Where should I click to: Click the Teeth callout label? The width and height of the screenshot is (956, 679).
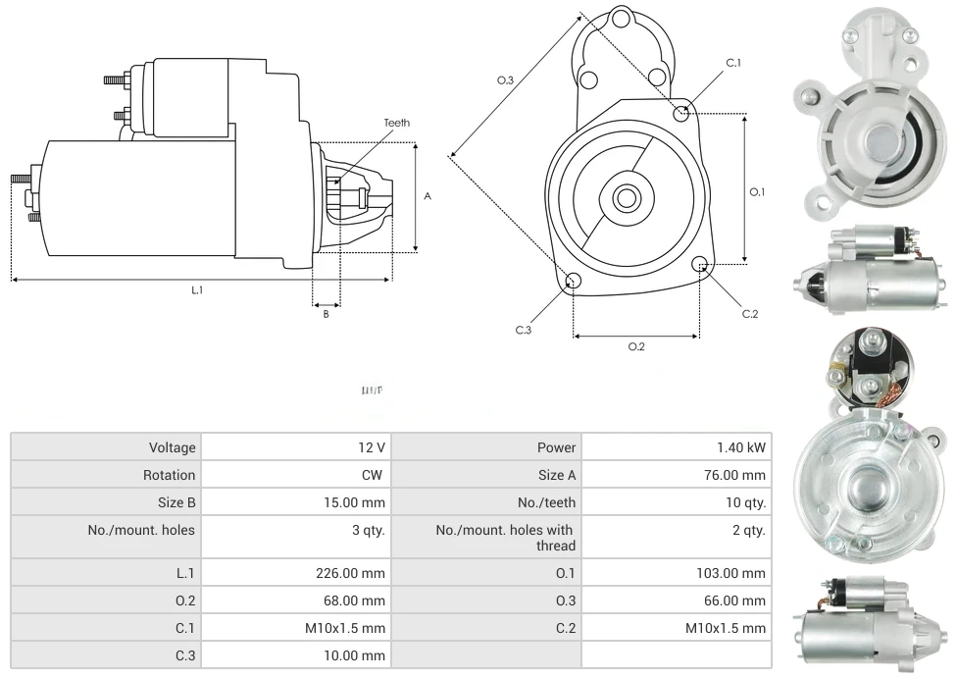(x=396, y=123)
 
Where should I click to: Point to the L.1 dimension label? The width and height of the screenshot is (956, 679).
(x=197, y=290)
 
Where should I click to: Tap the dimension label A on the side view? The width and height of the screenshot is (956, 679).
(x=428, y=196)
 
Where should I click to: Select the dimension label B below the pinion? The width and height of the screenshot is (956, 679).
(x=326, y=314)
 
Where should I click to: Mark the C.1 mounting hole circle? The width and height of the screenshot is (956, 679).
(x=681, y=114)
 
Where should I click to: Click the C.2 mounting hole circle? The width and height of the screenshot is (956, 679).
(x=700, y=264)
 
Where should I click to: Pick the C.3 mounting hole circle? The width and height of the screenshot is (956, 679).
(x=574, y=283)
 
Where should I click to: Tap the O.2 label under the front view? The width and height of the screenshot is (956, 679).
(x=635, y=346)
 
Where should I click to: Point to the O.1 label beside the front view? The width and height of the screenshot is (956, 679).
(x=757, y=192)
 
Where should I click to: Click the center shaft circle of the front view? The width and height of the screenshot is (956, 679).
(x=625, y=198)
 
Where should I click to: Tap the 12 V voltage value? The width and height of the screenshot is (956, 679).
(x=372, y=447)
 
